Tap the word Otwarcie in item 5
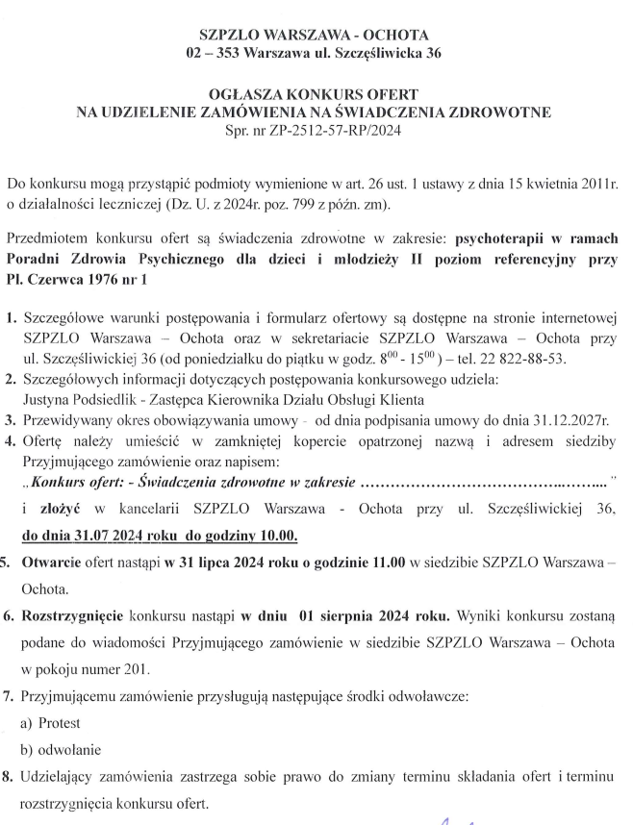[x=55, y=562]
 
